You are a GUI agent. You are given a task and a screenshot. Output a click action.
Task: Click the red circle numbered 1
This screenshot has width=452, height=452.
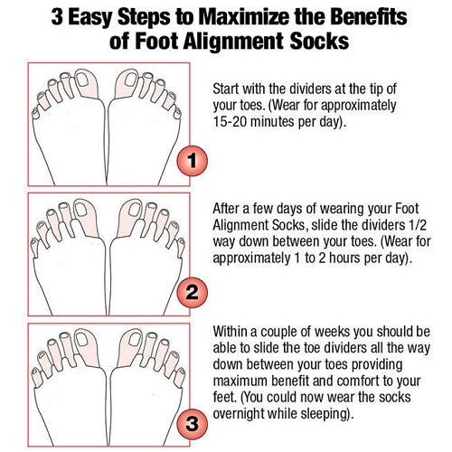192,160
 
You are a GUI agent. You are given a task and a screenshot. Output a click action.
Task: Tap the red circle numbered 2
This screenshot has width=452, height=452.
192,292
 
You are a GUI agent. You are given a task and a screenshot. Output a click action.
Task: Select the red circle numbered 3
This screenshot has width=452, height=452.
192,423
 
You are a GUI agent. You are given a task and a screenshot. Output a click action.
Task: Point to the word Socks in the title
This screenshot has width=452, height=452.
319,41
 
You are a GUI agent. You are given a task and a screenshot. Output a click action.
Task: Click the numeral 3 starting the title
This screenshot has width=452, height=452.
57,16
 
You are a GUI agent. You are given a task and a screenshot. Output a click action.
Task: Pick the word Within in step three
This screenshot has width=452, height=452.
231,332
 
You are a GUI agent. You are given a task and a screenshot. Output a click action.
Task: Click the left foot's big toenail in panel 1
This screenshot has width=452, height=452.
82,78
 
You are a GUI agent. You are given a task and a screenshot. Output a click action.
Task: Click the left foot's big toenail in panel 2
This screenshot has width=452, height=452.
81,209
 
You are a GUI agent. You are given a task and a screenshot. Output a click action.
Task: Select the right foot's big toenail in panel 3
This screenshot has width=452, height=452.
135,340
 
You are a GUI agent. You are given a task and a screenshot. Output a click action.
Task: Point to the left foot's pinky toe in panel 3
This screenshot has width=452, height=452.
37,377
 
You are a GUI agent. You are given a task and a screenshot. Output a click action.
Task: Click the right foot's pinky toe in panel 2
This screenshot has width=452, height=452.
181,247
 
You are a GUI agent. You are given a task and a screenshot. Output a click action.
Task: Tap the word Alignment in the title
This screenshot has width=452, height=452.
233,42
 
